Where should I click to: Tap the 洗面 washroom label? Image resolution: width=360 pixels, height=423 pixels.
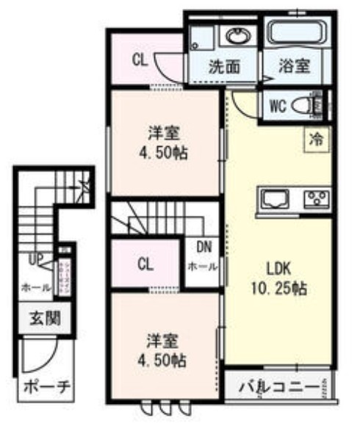tap(224, 65)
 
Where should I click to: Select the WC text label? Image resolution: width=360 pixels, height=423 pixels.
tap(277, 106)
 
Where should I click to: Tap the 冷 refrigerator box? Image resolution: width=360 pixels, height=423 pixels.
tap(316, 137)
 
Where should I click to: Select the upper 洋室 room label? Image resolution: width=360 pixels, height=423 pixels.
tap(165, 134)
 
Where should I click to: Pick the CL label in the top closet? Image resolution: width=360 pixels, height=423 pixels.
tap(140, 61)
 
